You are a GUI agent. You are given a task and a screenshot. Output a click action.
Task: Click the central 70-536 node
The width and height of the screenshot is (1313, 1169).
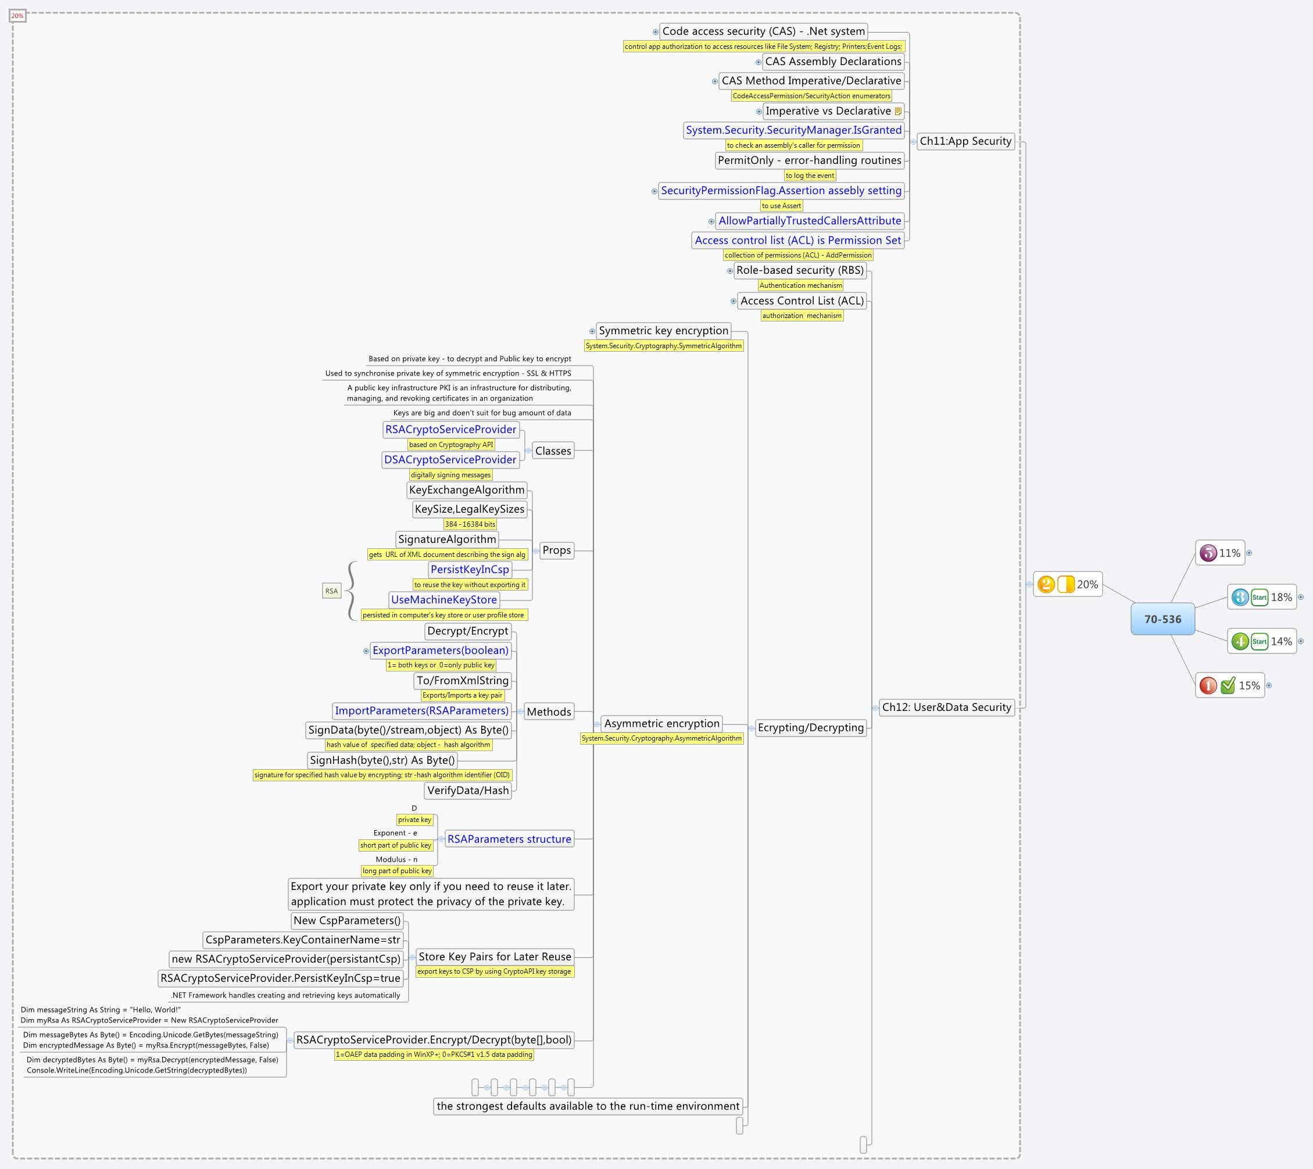pyautogui.click(x=1162, y=619)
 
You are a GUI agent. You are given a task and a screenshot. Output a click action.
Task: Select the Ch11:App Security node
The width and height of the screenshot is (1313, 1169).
pyautogui.click(x=965, y=141)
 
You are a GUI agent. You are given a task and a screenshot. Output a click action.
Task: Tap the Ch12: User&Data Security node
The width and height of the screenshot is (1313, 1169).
pyautogui.click(x=946, y=707)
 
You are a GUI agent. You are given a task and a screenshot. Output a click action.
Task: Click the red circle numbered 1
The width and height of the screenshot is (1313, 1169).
pyautogui.click(x=1208, y=686)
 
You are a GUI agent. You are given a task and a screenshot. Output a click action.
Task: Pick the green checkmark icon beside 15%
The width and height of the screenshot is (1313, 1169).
pyautogui.click(x=1228, y=686)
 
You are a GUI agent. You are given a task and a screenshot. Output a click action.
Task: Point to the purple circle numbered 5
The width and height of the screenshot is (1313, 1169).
pyautogui.click(x=1208, y=553)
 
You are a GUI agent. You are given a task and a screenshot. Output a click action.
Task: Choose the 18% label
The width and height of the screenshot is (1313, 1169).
pyautogui.click(x=1281, y=598)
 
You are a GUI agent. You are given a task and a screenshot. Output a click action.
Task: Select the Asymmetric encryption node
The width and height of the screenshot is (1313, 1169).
pyautogui.click(x=661, y=724)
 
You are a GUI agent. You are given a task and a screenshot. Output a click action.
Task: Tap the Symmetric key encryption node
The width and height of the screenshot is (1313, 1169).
pyautogui.click(x=664, y=331)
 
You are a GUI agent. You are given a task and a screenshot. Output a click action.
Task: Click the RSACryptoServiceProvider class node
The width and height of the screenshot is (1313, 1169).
pyautogui.click(x=450, y=430)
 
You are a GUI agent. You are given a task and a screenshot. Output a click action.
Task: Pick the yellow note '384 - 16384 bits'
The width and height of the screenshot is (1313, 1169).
pyautogui.click(x=470, y=524)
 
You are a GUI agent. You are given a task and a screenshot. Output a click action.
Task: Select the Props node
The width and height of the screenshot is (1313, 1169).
pyautogui.click(x=556, y=550)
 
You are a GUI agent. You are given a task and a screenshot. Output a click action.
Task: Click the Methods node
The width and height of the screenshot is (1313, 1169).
pyautogui.click(x=549, y=712)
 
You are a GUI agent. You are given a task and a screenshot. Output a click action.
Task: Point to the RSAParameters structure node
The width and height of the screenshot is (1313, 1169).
pyautogui.click(x=509, y=839)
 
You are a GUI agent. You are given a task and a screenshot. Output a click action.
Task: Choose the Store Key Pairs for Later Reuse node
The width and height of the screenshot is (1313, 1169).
pyautogui.click(x=495, y=956)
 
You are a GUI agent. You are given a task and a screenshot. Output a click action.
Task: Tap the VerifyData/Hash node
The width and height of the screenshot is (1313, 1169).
pyautogui.click(x=468, y=791)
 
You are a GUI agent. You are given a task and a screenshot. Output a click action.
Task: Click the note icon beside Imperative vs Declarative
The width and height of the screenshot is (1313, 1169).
pyautogui.click(x=898, y=111)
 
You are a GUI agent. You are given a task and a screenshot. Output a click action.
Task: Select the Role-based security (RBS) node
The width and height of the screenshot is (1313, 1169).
pyautogui.click(x=800, y=270)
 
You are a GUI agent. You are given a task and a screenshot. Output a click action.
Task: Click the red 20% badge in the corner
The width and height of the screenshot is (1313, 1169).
pyautogui.click(x=17, y=16)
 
